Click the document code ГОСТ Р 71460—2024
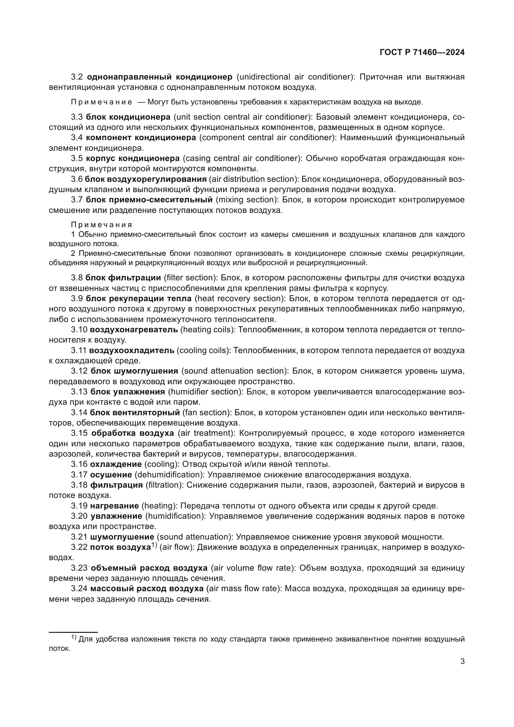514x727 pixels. (422, 53)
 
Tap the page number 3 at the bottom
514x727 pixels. (462, 661)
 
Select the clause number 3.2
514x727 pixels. (77, 77)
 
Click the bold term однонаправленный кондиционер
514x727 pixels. (159, 77)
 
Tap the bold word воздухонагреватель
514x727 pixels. (134, 329)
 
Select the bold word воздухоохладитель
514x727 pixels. (132, 351)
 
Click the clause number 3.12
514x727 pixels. (79, 371)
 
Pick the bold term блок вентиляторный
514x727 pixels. (135, 412)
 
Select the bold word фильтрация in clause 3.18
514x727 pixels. (117, 485)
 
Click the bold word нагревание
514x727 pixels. (115, 506)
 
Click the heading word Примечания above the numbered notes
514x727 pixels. (101, 225)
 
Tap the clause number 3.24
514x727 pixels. (79, 589)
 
